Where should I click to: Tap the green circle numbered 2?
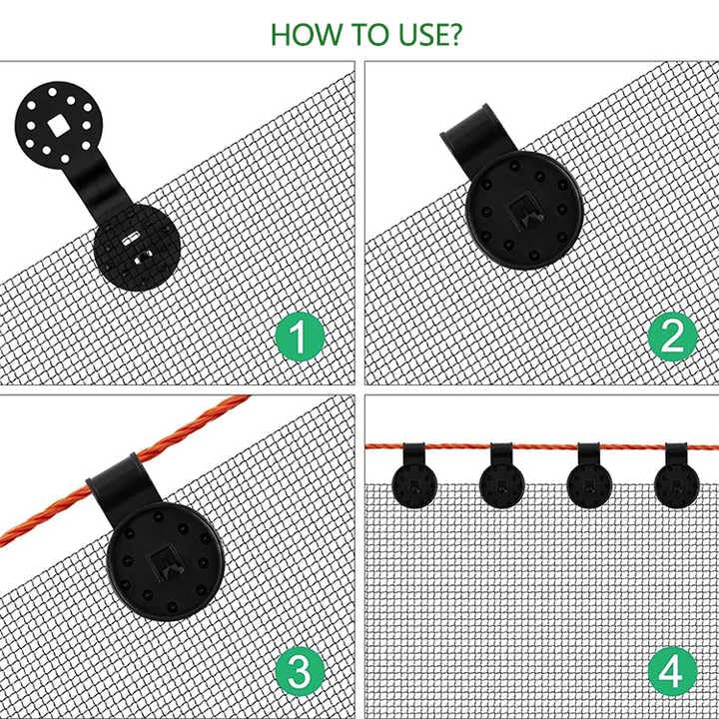(673, 337)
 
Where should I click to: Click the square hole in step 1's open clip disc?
(56, 125)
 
